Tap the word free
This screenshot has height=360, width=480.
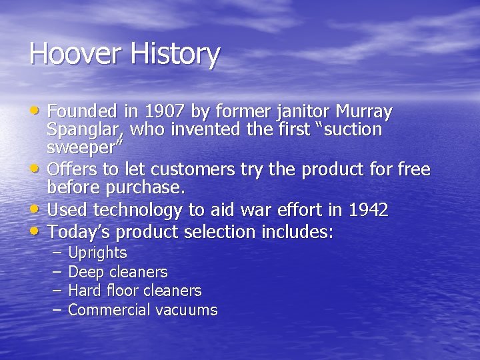414,170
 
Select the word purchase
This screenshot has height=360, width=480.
150,189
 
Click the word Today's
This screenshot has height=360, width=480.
75,232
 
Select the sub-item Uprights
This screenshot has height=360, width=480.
97,253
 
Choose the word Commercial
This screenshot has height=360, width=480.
109,310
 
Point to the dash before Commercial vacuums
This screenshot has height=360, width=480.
56,309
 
